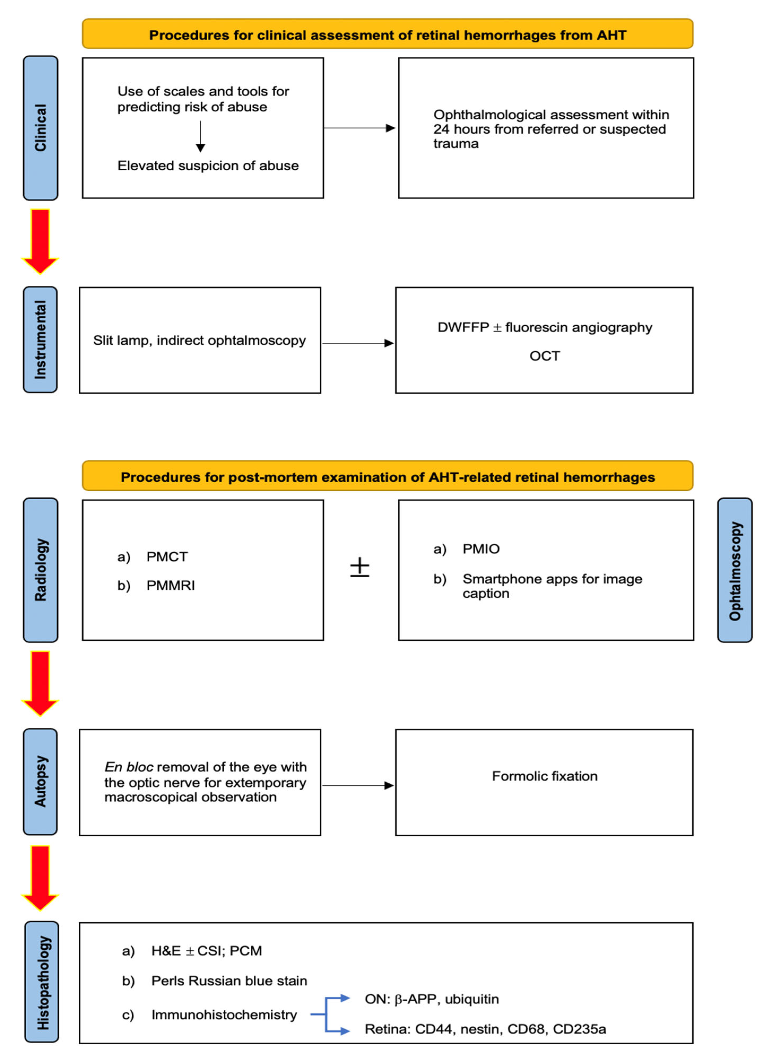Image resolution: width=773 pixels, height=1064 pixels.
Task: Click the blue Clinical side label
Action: pyautogui.click(x=40, y=128)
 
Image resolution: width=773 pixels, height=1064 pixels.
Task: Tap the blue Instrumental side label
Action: pyautogui.click(x=40, y=340)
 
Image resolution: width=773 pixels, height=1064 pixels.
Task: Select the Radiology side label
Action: pyautogui.click(x=40, y=570)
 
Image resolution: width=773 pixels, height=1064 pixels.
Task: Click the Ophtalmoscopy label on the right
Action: pyautogui.click(x=735, y=570)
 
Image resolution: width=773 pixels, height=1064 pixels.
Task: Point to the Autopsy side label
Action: pyautogui.click(x=40, y=782)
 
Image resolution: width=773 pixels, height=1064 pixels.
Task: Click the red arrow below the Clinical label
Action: pyautogui.click(x=40, y=241)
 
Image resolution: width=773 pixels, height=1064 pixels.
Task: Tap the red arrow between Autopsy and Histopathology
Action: pyautogui.click(x=40, y=877)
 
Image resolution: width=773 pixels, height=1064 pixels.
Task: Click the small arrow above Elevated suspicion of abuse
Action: pyautogui.click(x=200, y=136)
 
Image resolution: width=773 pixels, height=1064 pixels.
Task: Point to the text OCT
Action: pyautogui.click(x=544, y=356)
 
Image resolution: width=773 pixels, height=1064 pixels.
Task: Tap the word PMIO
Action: pyautogui.click(x=481, y=549)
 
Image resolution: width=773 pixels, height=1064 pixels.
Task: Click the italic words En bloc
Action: pyautogui.click(x=129, y=767)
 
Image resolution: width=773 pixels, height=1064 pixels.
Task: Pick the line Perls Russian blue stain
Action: pyautogui.click(x=229, y=981)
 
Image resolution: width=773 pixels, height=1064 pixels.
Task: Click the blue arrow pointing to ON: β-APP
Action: pyautogui.click(x=339, y=998)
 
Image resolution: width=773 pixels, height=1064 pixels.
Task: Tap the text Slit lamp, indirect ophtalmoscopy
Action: pyautogui.click(x=199, y=341)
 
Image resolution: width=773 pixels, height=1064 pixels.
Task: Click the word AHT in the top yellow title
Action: pyautogui.click(x=611, y=35)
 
